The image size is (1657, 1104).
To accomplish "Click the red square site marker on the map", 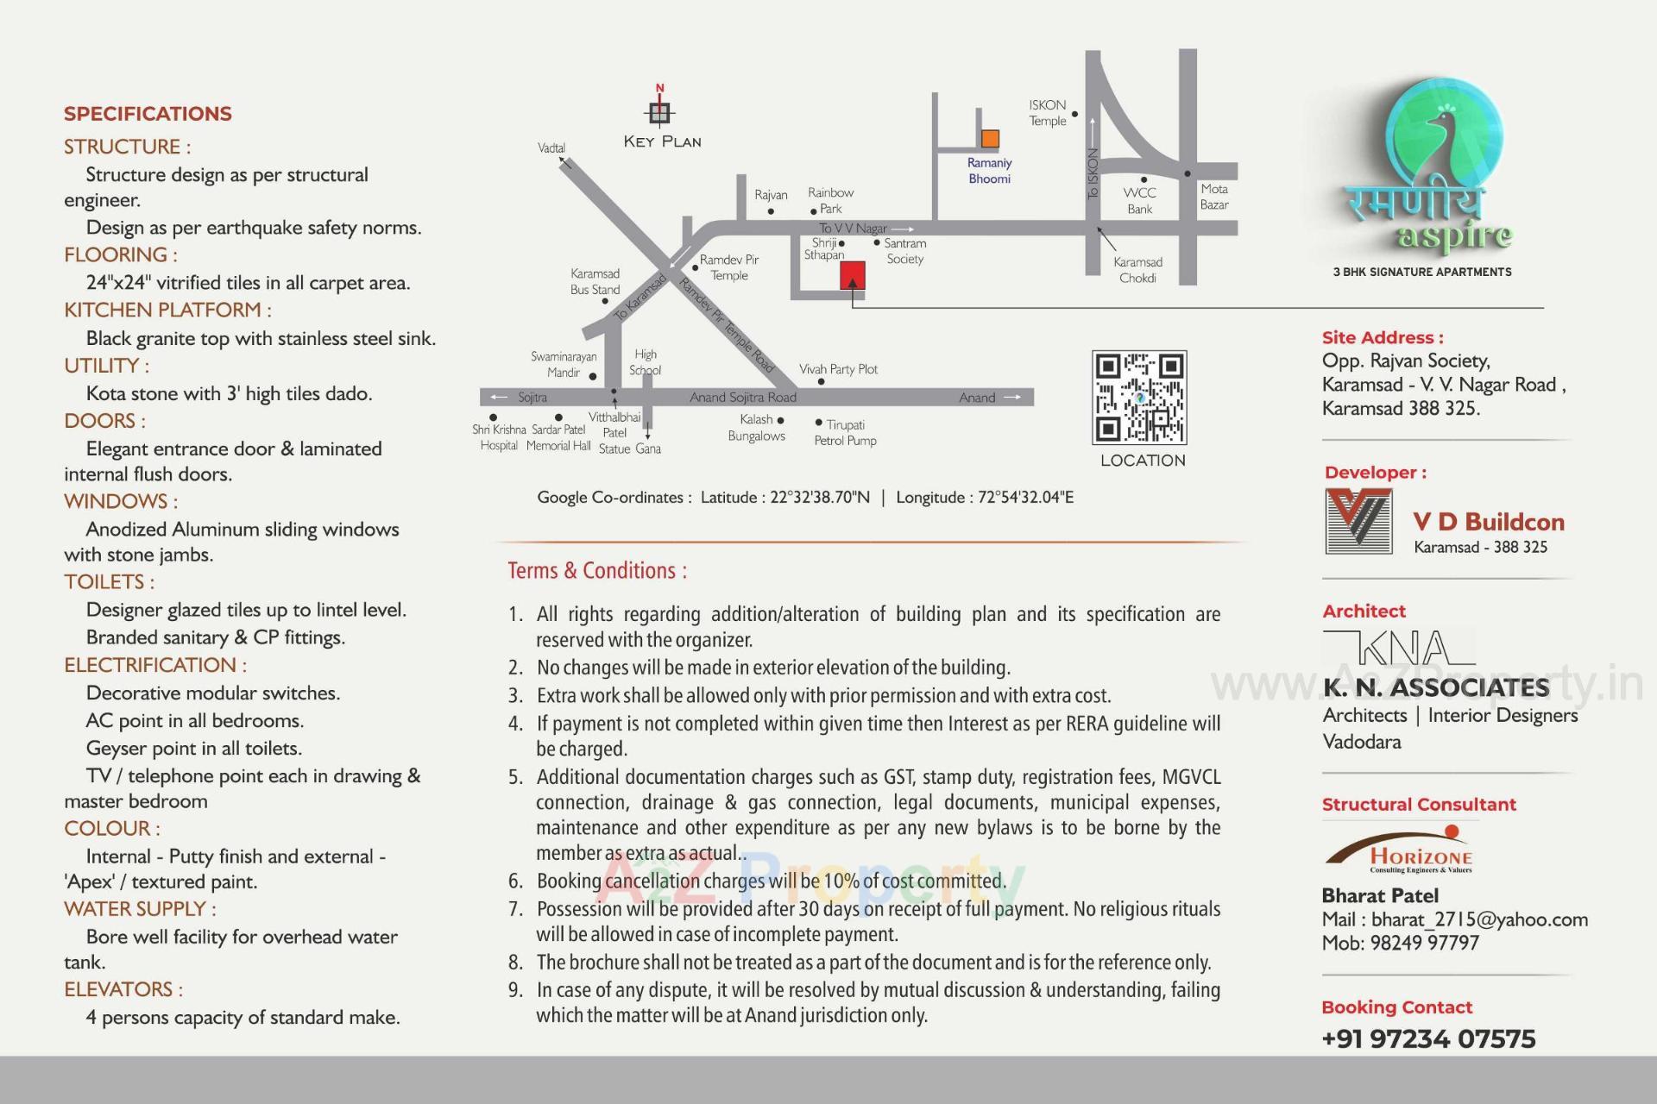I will (852, 275).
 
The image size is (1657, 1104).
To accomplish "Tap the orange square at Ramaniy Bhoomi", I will (990, 139).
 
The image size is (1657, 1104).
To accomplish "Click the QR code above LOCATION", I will (1139, 398).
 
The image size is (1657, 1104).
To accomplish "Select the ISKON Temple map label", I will (1047, 113).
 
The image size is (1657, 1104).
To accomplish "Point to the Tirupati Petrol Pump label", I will (845, 433).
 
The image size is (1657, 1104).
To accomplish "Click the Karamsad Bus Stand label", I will (595, 281).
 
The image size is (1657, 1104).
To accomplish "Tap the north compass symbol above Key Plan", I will (659, 111).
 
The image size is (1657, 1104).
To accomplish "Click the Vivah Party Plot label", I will (838, 369).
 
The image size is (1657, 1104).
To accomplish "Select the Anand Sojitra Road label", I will (742, 398).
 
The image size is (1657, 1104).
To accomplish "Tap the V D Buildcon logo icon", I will (1358, 521).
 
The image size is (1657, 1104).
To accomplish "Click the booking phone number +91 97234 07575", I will (1428, 1038).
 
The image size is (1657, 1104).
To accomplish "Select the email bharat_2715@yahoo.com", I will (1479, 919).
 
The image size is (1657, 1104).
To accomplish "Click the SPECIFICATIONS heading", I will (148, 114).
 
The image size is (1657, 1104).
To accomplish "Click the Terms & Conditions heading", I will (596, 571).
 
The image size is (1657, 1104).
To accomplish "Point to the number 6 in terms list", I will (515, 881).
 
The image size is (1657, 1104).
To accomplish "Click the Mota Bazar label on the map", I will (1213, 197).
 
